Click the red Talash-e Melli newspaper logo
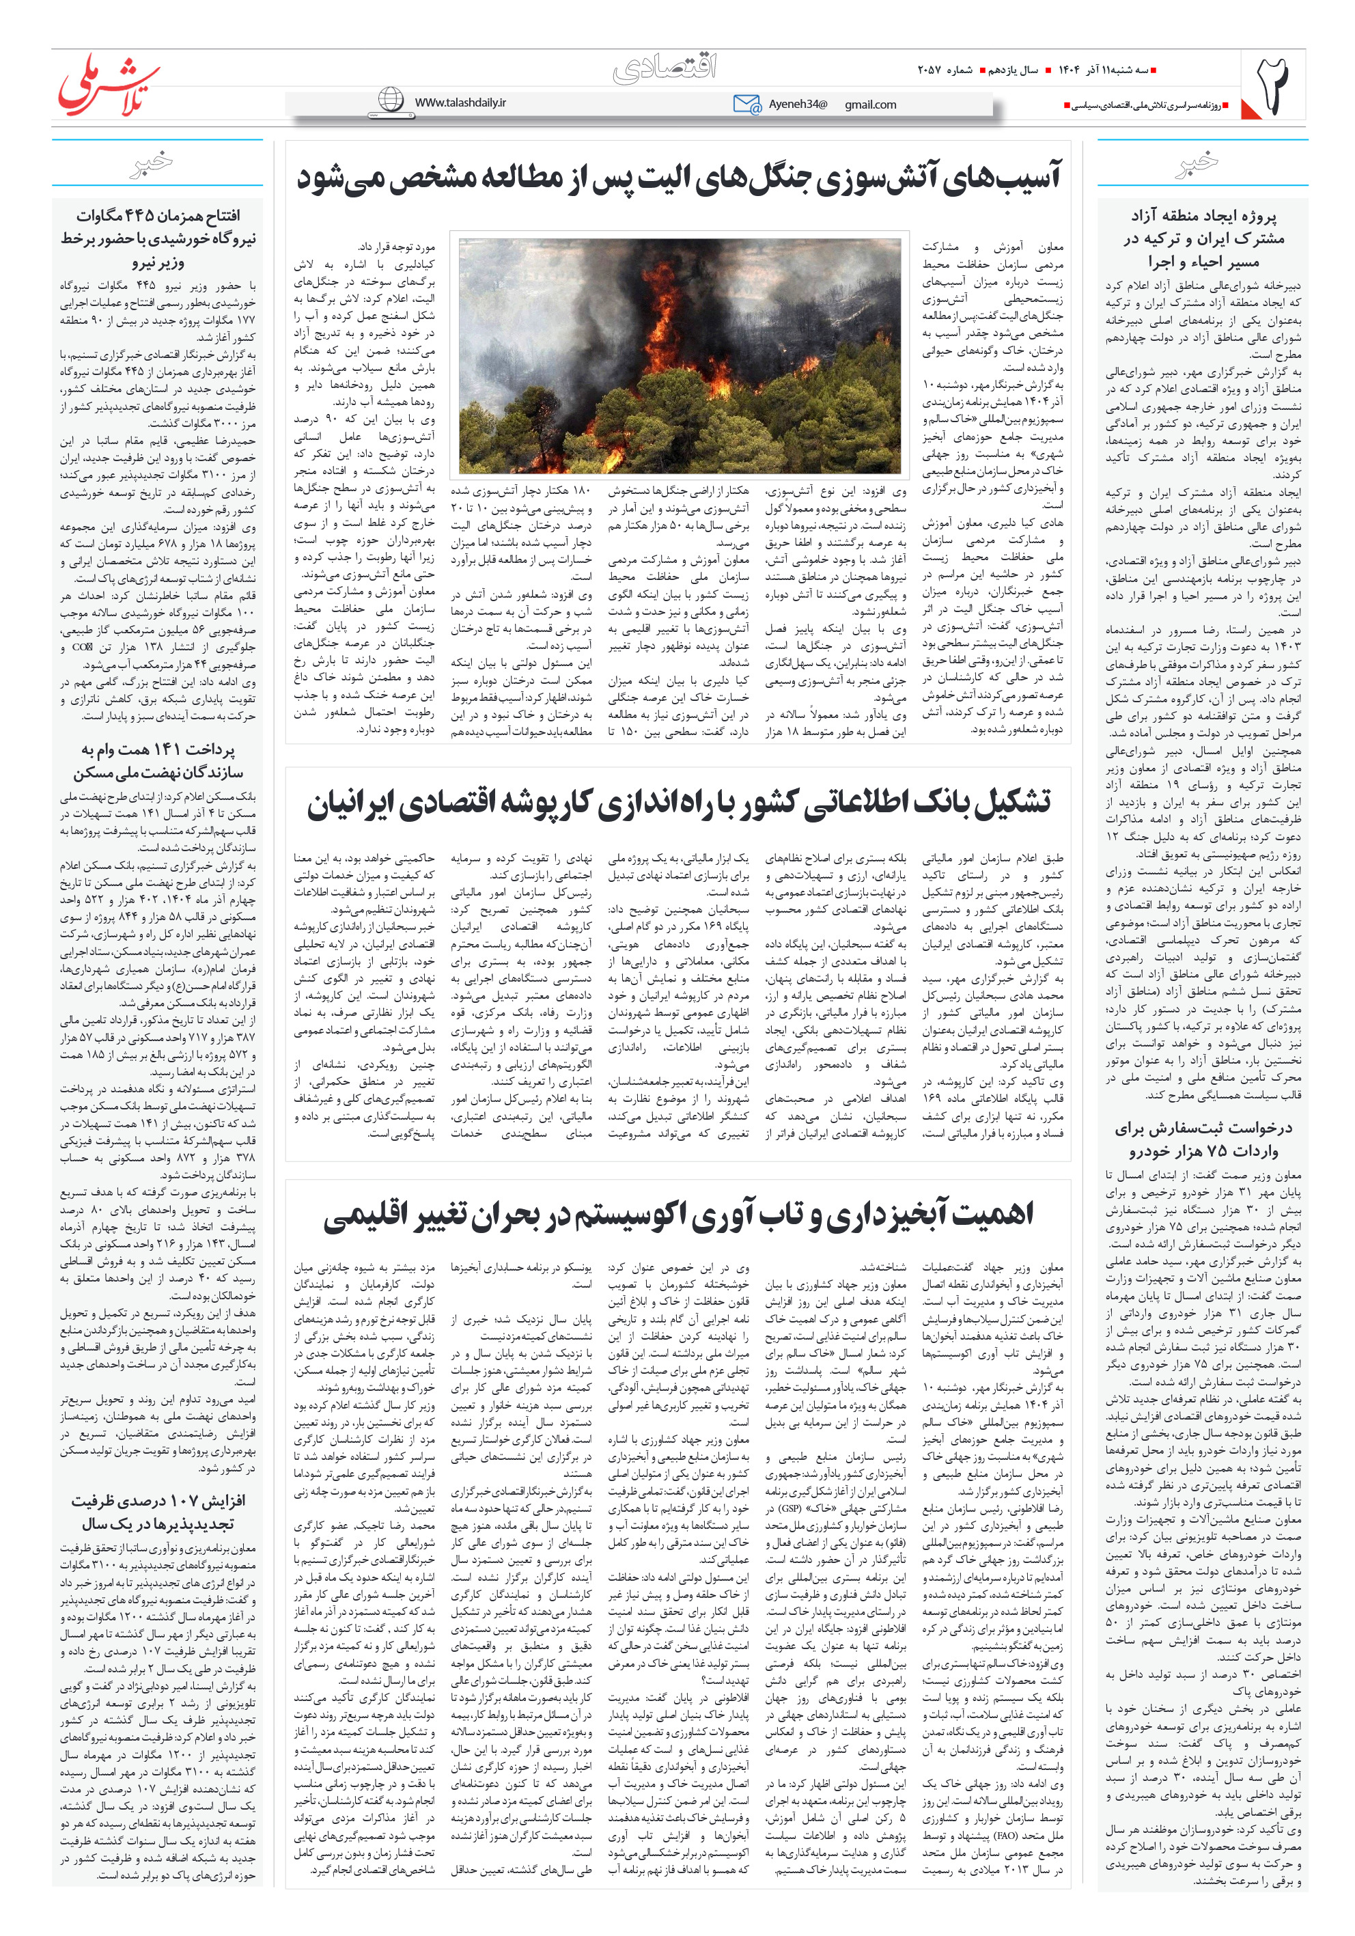[108, 84]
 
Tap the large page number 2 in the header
[1273, 84]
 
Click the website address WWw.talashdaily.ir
[460, 102]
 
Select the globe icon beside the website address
[391, 100]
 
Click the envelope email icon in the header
[746, 104]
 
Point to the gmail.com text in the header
[870, 105]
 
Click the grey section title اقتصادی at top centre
[665, 68]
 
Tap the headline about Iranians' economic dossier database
[678, 803]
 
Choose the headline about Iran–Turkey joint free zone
[1203, 238]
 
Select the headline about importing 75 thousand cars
[1203, 1139]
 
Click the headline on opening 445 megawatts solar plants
[158, 238]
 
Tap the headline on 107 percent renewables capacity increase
[158, 1512]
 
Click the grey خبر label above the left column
[152, 162]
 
